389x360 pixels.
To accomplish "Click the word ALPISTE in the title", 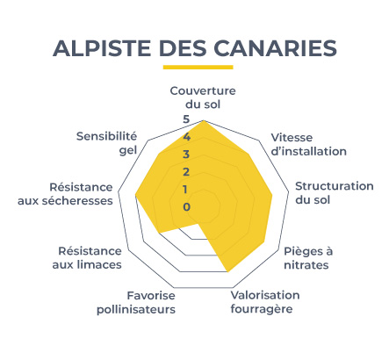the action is pyautogui.click(x=102, y=48).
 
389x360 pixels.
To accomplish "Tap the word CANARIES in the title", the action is pyautogui.click(x=275, y=48).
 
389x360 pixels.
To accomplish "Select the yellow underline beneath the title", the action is pyautogui.click(x=198, y=67).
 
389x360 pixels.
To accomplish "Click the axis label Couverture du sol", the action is pyautogui.click(x=203, y=97).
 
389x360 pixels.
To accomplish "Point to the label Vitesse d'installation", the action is pyautogui.click(x=309, y=144).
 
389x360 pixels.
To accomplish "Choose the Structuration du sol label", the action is pyautogui.click(x=335, y=193).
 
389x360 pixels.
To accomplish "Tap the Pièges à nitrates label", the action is pyautogui.click(x=308, y=258).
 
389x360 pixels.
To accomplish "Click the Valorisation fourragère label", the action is pyautogui.click(x=265, y=302).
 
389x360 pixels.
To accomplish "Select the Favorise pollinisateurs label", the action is pyautogui.click(x=136, y=303).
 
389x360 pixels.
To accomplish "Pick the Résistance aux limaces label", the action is pyautogui.click(x=87, y=258).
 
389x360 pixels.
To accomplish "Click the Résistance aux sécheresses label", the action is pyautogui.click(x=65, y=194).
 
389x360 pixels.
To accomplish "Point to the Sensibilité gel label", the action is pyautogui.click(x=106, y=143).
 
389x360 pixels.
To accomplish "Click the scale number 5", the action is pyautogui.click(x=186, y=119).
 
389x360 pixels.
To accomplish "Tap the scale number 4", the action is pyautogui.click(x=186, y=137).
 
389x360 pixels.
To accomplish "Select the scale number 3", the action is pyautogui.click(x=186, y=155).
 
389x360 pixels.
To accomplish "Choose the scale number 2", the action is pyautogui.click(x=186, y=172).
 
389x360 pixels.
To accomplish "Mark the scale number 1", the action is pyautogui.click(x=185, y=190).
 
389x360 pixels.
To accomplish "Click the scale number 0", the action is pyautogui.click(x=187, y=207).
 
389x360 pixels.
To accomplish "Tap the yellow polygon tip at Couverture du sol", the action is pyautogui.click(x=204, y=120).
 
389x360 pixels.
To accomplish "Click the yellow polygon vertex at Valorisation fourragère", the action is pyautogui.click(x=227, y=272).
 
